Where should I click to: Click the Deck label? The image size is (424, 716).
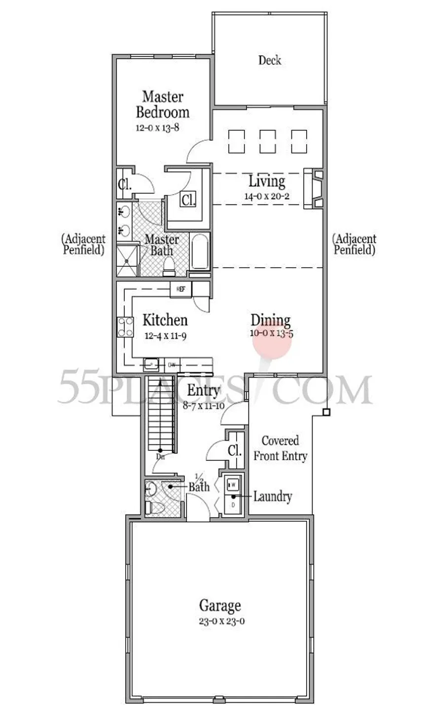pos(270,61)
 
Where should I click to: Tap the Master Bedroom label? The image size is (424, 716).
pos(162,104)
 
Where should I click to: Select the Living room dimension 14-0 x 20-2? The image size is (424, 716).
pos(267,196)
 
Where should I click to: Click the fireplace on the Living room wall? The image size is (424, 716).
pos(314,188)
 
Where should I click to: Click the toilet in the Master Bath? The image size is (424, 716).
pos(169,266)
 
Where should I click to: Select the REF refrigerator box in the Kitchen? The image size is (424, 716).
pos(181,289)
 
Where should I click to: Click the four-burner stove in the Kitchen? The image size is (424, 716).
pos(125,326)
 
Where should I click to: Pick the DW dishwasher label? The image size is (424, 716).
pos(172,365)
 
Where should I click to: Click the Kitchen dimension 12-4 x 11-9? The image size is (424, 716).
pos(165,336)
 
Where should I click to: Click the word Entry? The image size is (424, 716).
pos(203,391)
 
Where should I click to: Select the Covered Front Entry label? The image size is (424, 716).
pos(280,448)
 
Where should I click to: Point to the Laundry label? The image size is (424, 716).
pos(273,496)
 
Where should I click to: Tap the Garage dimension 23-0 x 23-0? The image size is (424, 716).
pos(220,621)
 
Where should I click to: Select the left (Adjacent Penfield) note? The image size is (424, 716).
pos(83,244)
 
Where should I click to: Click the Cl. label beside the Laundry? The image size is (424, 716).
pos(235,450)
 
